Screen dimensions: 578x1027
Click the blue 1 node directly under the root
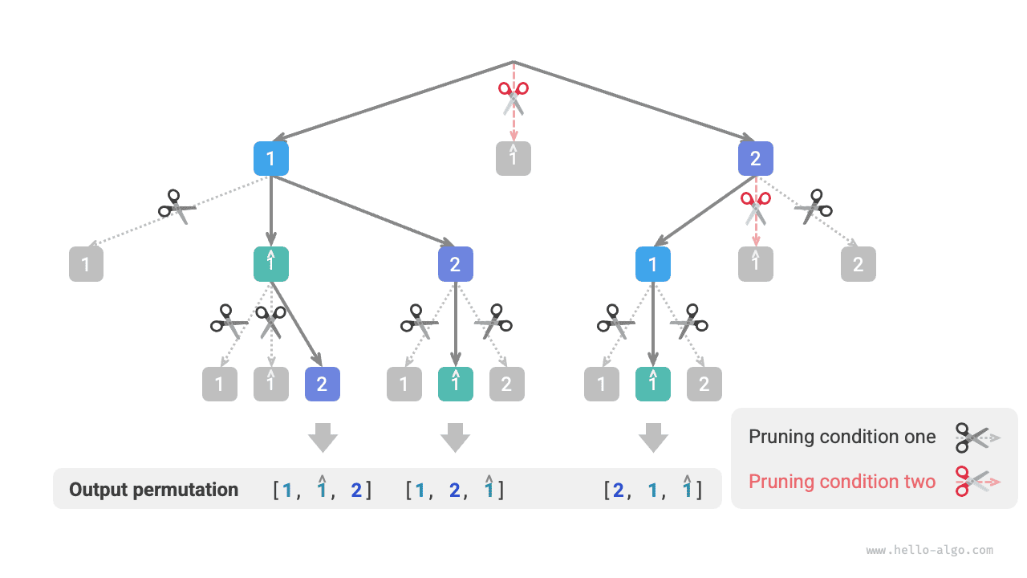click(271, 159)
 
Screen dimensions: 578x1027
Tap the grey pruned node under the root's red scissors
click(513, 159)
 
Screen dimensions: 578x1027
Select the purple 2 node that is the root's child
click(756, 159)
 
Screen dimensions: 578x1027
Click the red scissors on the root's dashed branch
click(513, 97)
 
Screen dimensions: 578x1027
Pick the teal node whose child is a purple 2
click(271, 264)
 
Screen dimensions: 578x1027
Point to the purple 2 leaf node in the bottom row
click(323, 384)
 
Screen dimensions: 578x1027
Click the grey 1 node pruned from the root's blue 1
click(87, 264)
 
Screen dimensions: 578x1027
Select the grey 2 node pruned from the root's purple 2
click(859, 264)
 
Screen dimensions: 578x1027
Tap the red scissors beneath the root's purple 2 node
click(755, 206)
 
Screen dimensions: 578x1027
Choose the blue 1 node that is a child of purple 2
click(653, 264)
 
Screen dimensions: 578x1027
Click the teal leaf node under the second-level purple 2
click(456, 384)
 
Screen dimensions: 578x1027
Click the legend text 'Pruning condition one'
click(842, 437)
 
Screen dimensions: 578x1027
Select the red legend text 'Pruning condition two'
click(842, 482)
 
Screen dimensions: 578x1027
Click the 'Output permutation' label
click(153, 490)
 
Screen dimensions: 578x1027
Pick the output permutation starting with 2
click(653, 490)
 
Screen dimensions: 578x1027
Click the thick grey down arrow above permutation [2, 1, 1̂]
click(653, 437)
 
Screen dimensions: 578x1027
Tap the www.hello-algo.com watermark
click(929, 551)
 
